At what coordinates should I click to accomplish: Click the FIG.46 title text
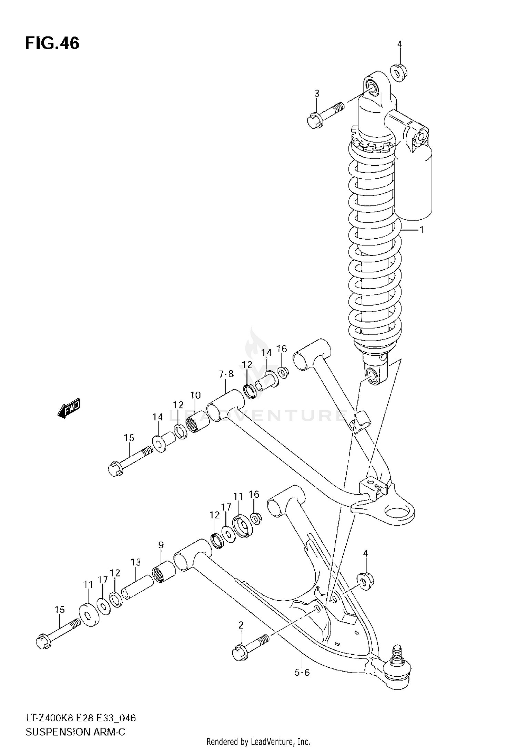pos(52,44)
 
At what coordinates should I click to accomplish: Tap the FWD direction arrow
pos(69,408)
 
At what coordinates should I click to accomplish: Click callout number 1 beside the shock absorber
pos(421,230)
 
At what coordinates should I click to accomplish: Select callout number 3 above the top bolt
pos(317,93)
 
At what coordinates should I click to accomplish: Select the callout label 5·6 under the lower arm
pos(302,672)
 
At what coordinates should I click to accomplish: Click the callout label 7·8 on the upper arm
pos(226,374)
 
